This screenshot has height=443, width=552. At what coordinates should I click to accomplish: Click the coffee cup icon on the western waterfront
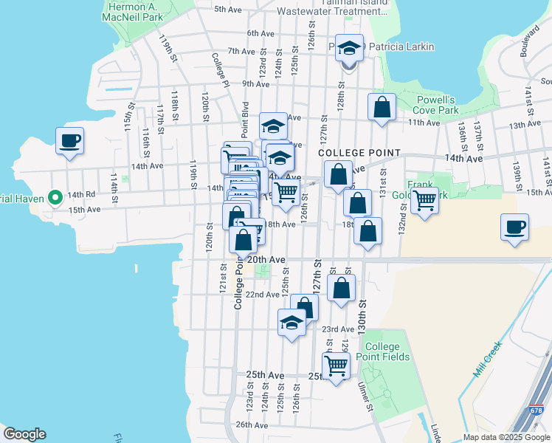[x=69, y=140]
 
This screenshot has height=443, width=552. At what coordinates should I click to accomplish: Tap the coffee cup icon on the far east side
[x=514, y=227]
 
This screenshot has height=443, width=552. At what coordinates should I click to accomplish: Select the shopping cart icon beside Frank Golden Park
[x=424, y=199]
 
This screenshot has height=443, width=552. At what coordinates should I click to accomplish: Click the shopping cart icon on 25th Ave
[x=336, y=365]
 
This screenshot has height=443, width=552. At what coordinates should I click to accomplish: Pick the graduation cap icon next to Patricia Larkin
[x=349, y=48]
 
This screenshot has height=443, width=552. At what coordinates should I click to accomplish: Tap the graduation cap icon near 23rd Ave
[x=291, y=322]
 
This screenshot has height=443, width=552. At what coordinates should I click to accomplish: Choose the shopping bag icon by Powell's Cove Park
[x=382, y=106]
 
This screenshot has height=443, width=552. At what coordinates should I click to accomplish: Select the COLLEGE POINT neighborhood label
[x=359, y=153]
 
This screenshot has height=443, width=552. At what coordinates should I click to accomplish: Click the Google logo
[x=24, y=434]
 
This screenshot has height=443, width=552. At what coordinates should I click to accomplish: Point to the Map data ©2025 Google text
[x=506, y=437]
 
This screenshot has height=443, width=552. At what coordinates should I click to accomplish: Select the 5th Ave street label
[x=228, y=10]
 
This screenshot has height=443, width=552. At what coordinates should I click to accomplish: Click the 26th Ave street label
[x=252, y=425]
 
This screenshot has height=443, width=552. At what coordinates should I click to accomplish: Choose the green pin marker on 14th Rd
[x=55, y=197]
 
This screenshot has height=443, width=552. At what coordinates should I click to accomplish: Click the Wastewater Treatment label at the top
[x=326, y=11]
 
